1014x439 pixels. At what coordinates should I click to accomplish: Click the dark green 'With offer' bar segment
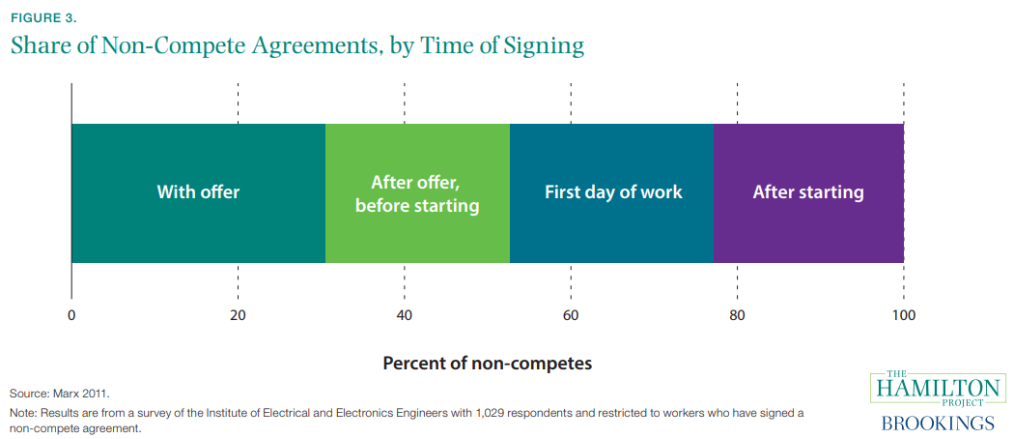[198, 192]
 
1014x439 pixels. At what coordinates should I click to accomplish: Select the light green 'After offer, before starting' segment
[417, 192]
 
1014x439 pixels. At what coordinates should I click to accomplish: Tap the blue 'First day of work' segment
[612, 192]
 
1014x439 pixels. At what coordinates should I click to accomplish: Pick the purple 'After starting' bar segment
[808, 192]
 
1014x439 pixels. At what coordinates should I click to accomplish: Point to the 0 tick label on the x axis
[71, 315]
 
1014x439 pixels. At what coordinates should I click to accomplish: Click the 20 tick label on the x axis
[238, 315]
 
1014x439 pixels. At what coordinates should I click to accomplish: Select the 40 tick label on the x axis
[404, 315]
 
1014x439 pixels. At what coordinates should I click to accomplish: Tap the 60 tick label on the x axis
[571, 315]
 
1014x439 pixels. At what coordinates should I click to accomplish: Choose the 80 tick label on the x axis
[737, 315]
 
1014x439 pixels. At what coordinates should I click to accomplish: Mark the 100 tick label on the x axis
[904, 315]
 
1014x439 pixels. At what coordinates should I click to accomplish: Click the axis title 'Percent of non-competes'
[487, 364]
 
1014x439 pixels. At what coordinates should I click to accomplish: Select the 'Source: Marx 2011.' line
[60, 394]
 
